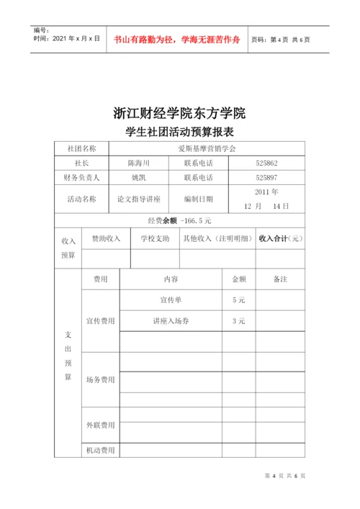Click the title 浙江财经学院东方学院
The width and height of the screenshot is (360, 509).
(x=180, y=113)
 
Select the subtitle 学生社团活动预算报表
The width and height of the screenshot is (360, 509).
(x=180, y=132)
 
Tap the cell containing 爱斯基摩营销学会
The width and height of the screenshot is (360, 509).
(x=206, y=148)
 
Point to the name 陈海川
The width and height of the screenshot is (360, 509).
(x=138, y=163)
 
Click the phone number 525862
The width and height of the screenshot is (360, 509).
(x=266, y=163)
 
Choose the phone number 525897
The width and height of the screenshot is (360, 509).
(x=266, y=177)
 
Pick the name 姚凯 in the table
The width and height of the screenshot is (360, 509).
(x=138, y=177)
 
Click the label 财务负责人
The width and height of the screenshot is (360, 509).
(x=81, y=177)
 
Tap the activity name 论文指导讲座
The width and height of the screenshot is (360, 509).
(x=138, y=199)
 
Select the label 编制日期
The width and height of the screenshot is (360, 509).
(x=199, y=199)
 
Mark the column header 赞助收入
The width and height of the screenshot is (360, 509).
(x=106, y=238)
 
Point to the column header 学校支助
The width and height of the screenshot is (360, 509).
(x=155, y=238)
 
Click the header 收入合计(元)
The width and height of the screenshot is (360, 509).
(x=280, y=238)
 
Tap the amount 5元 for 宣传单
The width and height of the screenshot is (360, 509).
(x=238, y=299)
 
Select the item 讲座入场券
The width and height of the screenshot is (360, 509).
(x=171, y=321)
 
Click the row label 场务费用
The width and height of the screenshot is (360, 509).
(x=100, y=379)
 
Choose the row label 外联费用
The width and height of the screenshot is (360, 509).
(x=100, y=425)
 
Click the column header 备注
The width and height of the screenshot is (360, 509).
(x=280, y=279)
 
